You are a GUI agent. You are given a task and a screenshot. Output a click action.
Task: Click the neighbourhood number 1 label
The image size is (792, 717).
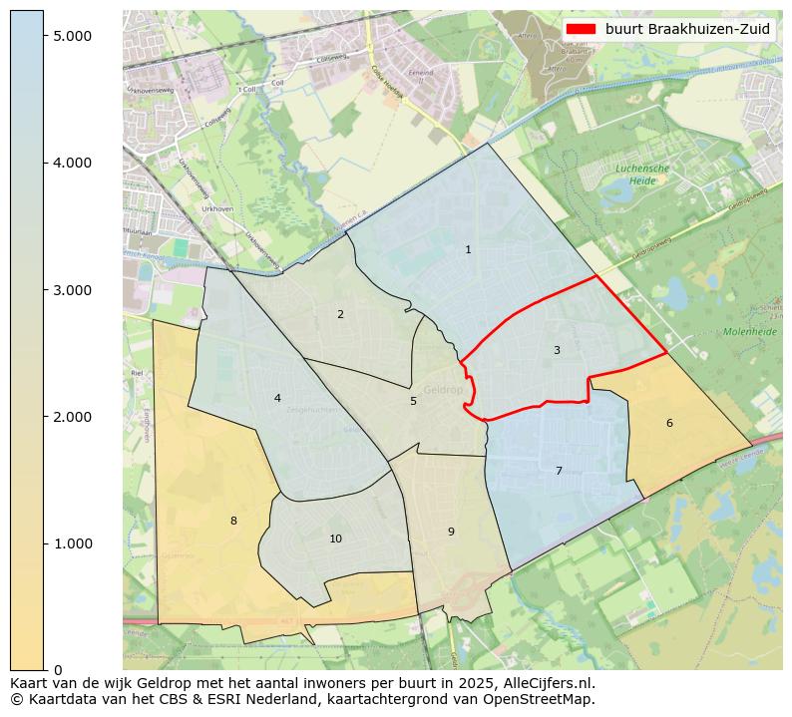tap(468, 249)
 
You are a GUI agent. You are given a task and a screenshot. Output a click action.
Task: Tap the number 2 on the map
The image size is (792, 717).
tap(340, 314)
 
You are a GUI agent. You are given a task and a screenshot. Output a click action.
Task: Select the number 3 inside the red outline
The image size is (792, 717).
tap(557, 350)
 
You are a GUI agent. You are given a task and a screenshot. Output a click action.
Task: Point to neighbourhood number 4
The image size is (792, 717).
tap(277, 398)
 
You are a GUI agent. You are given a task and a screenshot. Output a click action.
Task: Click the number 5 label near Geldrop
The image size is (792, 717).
tap(413, 401)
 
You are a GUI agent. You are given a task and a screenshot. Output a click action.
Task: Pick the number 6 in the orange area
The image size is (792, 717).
tap(669, 423)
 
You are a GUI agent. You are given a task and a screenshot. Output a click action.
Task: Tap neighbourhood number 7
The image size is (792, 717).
tap(559, 471)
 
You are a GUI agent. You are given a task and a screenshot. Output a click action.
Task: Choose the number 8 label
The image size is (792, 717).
tap(233, 521)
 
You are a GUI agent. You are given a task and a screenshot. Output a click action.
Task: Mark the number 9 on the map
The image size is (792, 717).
tap(451, 532)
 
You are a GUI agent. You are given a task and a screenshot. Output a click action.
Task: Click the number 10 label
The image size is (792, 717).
tap(335, 538)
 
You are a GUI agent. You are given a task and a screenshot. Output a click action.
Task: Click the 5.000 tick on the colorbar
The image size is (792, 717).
tap(72, 36)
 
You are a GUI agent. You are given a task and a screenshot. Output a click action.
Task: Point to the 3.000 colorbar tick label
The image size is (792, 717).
tap(72, 290)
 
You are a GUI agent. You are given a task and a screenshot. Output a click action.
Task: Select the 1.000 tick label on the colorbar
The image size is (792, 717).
tap(72, 543)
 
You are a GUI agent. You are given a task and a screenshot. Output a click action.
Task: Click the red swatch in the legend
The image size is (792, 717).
tap(580, 29)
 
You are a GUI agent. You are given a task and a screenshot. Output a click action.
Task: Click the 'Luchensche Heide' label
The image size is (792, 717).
tap(641, 175)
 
